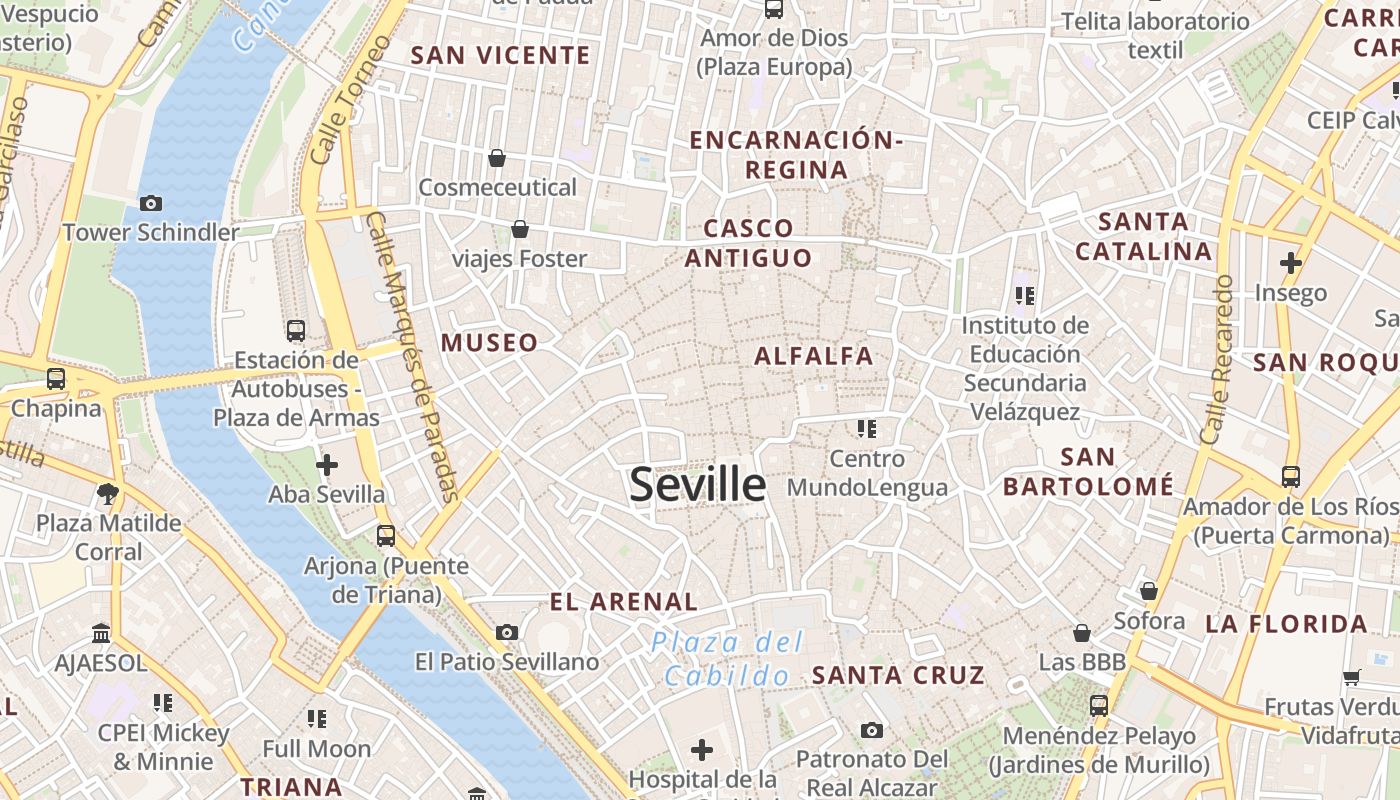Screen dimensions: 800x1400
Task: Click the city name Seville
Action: (x=698, y=485)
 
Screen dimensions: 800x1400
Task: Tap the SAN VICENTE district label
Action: (x=501, y=55)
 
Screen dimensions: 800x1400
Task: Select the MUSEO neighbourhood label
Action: (x=490, y=343)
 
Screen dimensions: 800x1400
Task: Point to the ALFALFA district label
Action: (x=814, y=356)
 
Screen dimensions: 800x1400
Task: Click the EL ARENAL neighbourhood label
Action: (x=624, y=602)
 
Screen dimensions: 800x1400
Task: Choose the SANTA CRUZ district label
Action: (x=898, y=675)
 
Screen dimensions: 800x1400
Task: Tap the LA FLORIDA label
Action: (x=1286, y=625)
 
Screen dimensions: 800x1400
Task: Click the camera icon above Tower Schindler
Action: (x=151, y=204)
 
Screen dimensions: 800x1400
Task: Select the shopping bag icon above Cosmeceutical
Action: (x=497, y=158)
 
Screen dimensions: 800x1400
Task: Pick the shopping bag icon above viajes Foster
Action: (x=520, y=230)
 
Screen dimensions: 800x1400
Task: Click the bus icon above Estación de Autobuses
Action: (x=296, y=331)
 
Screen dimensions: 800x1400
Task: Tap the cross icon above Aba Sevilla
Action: (x=326, y=465)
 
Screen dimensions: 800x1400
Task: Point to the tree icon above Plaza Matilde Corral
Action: (x=108, y=493)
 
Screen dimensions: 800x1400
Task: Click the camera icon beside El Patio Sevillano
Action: (x=507, y=632)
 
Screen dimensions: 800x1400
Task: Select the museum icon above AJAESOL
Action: (x=100, y=634)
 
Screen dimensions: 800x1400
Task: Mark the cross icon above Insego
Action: (x=1291, y=264)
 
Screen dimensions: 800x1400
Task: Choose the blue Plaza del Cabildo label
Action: (x=727, y=658)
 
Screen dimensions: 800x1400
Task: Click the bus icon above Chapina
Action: (x=56, y=379)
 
